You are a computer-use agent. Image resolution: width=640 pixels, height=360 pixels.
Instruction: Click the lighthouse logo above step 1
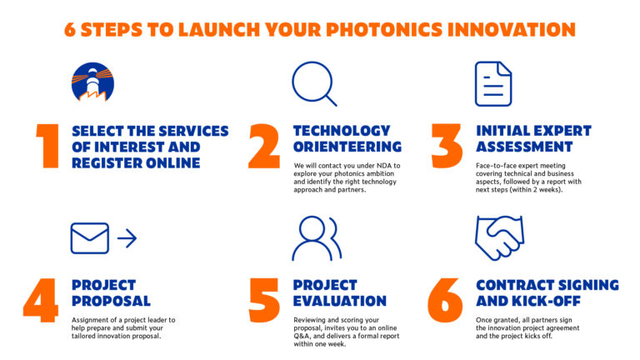click(x=92, y=82)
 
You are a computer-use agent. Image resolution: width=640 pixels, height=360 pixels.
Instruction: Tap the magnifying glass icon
click(x=313, y=83)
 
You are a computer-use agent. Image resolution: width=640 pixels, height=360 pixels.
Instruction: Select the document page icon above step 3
click(x=493, y=83)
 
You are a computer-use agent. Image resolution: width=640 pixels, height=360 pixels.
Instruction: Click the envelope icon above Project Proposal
click(x=90, y=238)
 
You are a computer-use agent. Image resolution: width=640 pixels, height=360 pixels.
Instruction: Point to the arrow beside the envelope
click(x=127, y=239)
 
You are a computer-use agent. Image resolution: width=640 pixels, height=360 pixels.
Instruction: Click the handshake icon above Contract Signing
click(x=499, y=237)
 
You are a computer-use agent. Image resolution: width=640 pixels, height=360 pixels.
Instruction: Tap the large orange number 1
click(x=47, y=147)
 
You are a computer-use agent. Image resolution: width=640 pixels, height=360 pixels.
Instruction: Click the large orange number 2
click(x=264, y=147)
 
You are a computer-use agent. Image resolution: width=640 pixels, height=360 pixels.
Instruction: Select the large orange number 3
click(x=447, y=147)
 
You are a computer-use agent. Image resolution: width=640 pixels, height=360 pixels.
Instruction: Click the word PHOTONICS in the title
click(x=398, y=30)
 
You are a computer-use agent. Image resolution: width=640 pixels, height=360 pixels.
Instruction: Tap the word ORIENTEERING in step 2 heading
click(x=347, y=147)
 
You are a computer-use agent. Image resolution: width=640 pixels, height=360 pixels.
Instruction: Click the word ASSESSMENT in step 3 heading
click(x=524, y=147)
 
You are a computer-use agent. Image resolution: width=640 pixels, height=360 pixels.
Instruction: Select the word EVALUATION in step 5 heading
click(x=340, y=301)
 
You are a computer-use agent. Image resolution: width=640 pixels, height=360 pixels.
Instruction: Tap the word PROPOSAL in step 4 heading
click(x=111, y=301)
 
